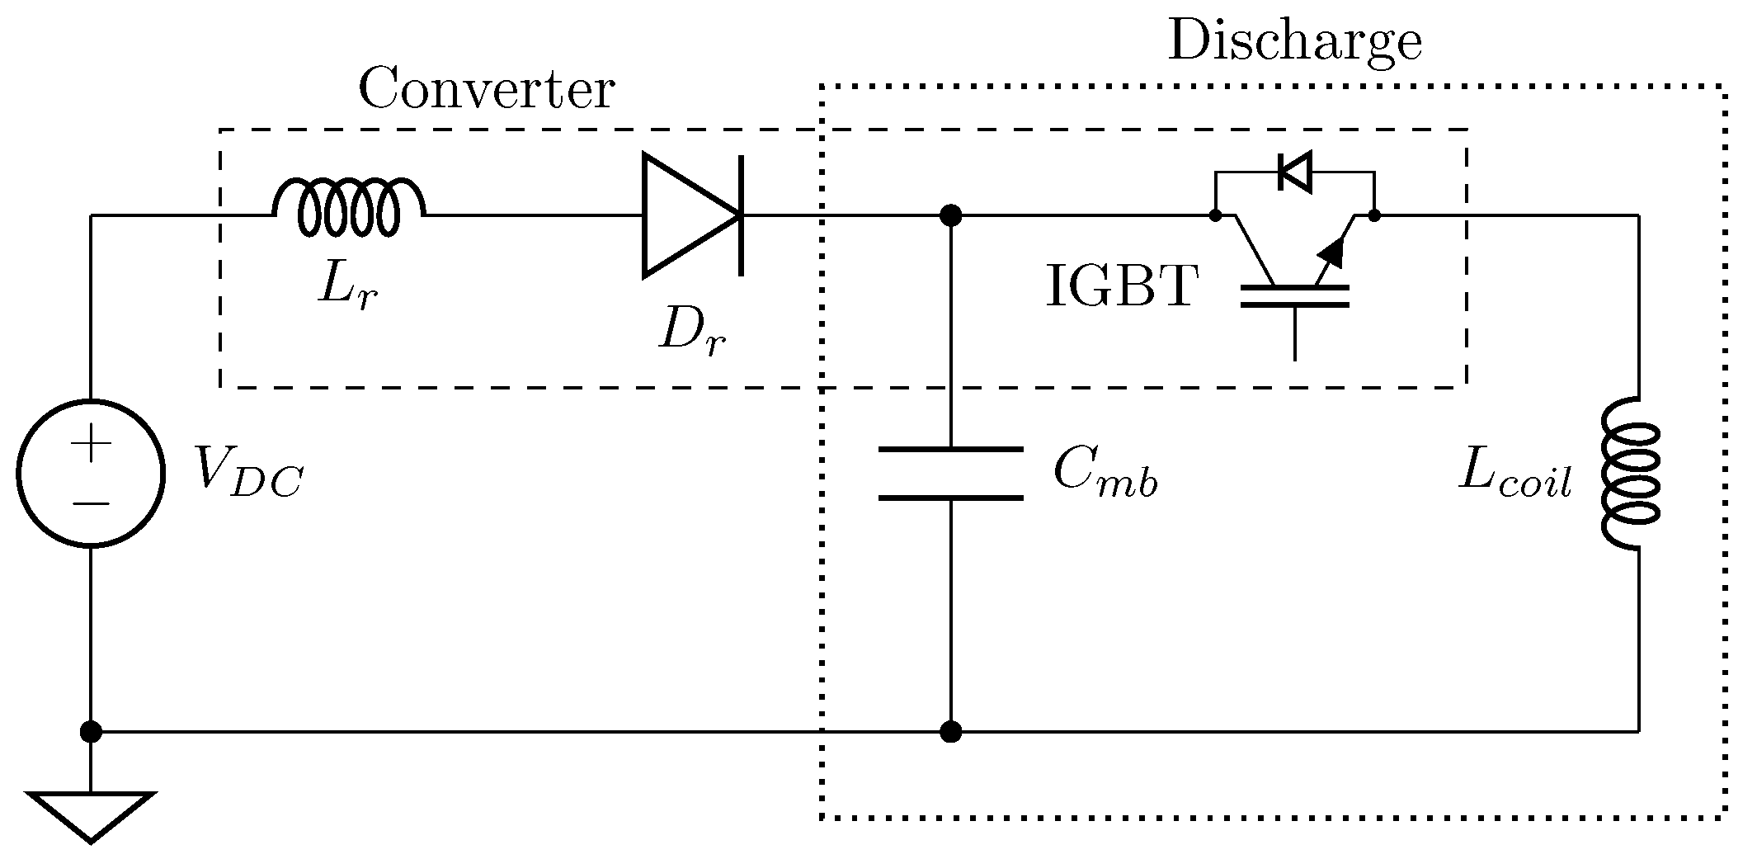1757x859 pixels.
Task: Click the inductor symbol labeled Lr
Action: coord(349,206)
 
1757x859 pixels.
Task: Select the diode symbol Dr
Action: coord(691,215)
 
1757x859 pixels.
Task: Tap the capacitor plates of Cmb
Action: coord(951,474)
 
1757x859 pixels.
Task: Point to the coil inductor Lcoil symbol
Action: coord(1631,474)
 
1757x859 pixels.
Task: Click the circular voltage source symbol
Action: coord(91,474)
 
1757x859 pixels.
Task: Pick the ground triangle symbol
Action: coord(91,813)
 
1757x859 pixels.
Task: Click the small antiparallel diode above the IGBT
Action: coord(1294,172)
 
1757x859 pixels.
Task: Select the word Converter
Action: coord(486,89)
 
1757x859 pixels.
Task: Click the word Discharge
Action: coord(1295,41)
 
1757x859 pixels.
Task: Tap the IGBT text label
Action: coord(1121,287)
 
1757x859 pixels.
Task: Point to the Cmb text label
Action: coord(1105,474)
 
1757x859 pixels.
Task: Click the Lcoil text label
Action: coord(1514,474)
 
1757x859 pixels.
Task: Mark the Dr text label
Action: coord(691,333)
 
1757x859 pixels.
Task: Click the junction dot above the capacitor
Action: coord(951,216)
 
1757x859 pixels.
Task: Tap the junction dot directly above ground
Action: coord(91,731)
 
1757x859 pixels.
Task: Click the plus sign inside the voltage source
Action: coord(91,445)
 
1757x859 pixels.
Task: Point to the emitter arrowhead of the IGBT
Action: coord(1332,252)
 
